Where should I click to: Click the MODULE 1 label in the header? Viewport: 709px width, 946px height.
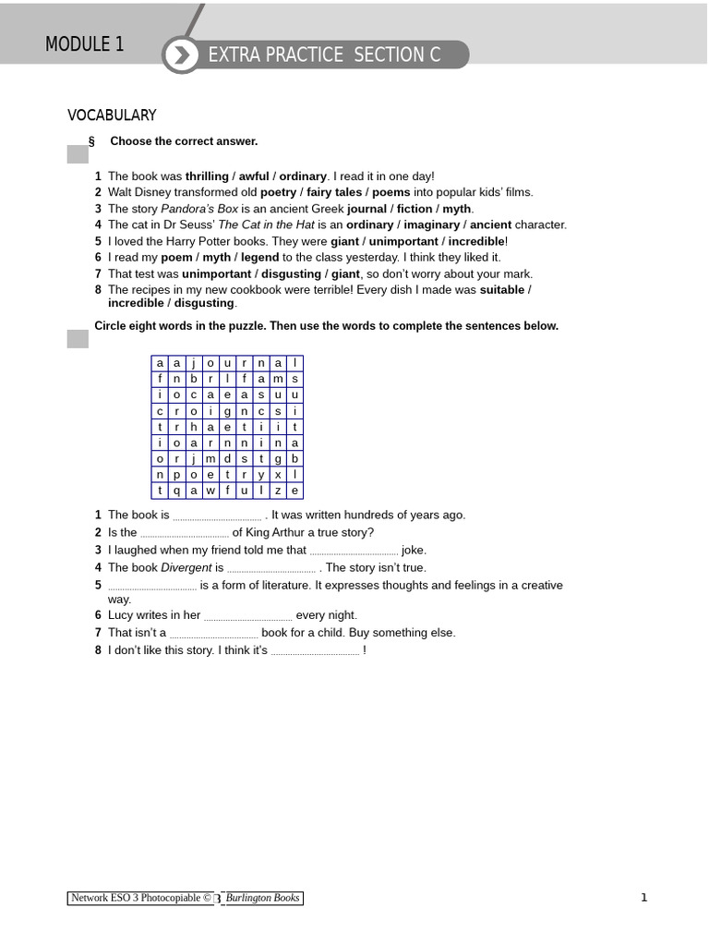84,44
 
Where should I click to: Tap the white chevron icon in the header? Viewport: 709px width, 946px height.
182,55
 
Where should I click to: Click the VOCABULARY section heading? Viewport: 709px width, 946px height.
112,115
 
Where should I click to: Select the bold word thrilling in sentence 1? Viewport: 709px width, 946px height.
207,176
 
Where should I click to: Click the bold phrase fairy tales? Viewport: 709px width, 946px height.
334,192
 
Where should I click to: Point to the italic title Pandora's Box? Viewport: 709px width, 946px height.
199,209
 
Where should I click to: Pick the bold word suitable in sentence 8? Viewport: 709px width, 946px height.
501,290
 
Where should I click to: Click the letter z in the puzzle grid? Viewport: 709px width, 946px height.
278,491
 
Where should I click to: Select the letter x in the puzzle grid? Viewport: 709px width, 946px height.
278,475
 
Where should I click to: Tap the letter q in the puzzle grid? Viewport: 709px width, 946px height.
176,491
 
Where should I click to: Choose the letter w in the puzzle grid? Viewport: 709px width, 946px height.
210,491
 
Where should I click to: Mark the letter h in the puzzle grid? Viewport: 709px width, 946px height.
194,427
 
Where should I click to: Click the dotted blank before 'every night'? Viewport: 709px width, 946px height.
247,616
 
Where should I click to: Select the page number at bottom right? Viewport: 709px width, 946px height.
643,897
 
